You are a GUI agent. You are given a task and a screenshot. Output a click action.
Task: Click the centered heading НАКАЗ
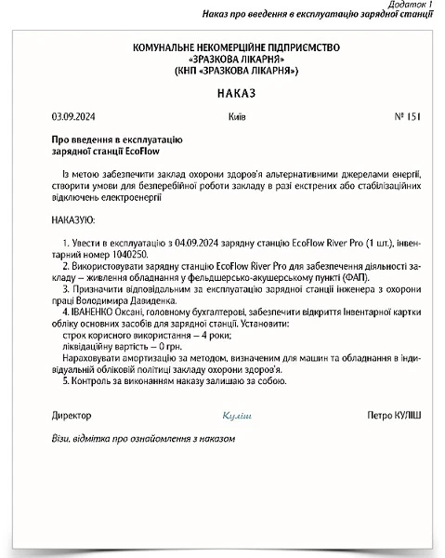[222, 94]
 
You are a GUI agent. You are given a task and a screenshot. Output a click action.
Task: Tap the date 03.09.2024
[72, 117]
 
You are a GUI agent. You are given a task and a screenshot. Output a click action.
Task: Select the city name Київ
[237, 117]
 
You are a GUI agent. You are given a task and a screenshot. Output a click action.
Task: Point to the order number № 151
[407, 117]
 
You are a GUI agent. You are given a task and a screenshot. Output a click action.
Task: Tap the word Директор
[72, 414]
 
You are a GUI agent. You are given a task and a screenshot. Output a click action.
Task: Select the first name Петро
[381, 414]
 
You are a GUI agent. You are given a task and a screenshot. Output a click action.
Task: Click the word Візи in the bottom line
[61, 437]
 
